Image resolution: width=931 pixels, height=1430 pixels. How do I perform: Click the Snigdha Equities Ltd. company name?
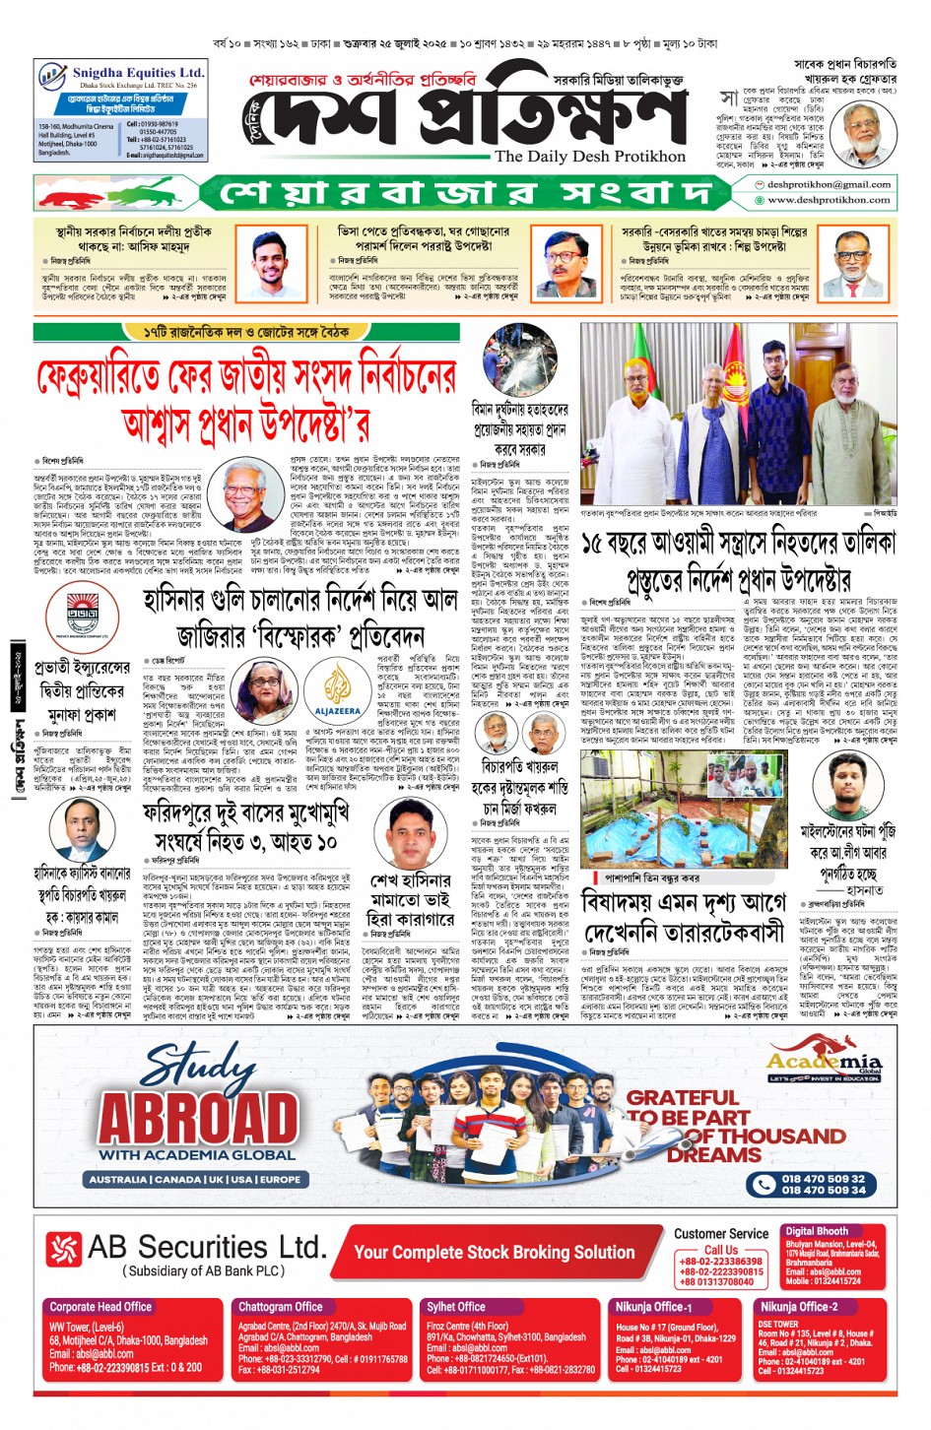coord(138,73)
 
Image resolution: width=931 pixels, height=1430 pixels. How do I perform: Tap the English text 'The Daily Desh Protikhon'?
coord(589,157)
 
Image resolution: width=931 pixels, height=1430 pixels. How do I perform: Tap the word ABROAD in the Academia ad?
coord(197,1120)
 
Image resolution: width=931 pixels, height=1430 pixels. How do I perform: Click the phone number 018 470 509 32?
coord(823,1178)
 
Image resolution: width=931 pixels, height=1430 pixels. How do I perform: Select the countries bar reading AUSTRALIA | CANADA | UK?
coord(195,1179)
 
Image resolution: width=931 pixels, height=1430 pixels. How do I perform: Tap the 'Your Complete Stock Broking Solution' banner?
coord(494,1252)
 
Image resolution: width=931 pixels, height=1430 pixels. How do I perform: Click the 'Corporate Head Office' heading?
coord(100,1307)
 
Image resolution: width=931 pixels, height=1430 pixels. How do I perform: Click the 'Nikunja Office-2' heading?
coord(798,1307)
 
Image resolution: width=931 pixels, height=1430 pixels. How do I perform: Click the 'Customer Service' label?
coord(721,1233)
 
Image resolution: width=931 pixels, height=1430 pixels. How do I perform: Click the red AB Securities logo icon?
coord(63,1250)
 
